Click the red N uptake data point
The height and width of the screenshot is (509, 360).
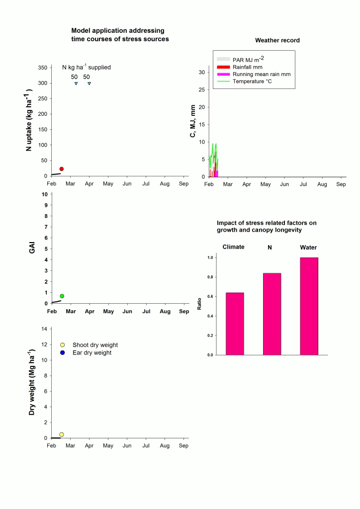[62, 169]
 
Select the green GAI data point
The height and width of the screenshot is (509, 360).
[62, 296]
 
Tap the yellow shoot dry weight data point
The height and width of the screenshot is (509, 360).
[62, 434]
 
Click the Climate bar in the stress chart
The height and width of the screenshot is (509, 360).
[235, 324]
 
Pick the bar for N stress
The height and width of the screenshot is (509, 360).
[272, 314]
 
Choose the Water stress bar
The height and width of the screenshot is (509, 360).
[309, 306]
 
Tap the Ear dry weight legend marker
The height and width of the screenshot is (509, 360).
[63, 352]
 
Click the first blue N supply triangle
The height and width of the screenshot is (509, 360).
[76, 84]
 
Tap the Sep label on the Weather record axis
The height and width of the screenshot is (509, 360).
[341, 184]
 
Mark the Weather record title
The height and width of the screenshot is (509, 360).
[277, 40]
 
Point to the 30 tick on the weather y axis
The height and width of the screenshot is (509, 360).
[202, 73]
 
